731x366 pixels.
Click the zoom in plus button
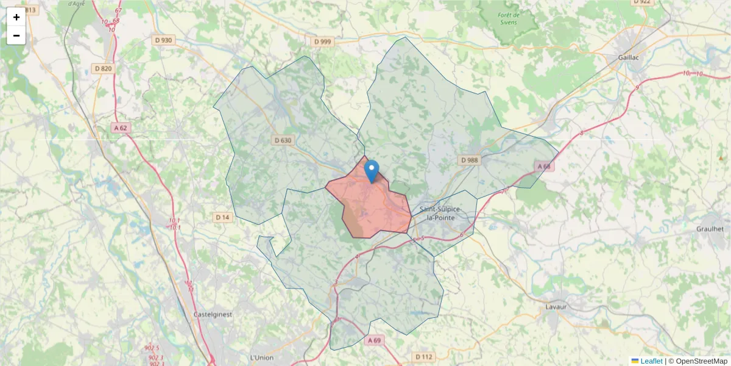click(16, 17)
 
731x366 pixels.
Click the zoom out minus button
click(16, 35)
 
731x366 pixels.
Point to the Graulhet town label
click(710, 229)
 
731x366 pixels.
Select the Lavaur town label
click(556, 306)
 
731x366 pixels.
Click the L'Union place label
click(262, 357)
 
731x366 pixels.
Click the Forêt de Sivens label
click(507, 18)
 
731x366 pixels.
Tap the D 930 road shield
click(163, 40)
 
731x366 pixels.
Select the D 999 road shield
click(323, 41)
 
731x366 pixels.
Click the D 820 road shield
click(104, 68)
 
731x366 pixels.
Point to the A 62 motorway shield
click(121, 128)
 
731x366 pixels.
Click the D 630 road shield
click(283, 140)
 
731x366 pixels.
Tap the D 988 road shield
click(469, 160)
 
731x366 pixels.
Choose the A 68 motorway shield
click(544, 166)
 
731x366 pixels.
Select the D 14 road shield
click(222, 217)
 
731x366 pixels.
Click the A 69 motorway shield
click(374, 340)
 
